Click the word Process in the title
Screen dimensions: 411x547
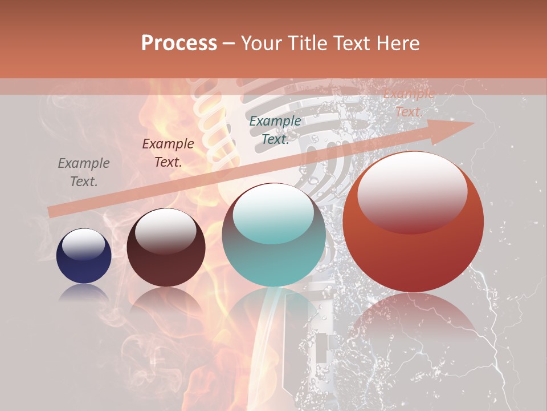click(179, 43)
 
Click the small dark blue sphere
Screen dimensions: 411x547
click(84, 256)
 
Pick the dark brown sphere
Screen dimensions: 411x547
click(166, 248)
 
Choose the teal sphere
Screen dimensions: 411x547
click(273, 235)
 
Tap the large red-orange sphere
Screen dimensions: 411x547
click(413, 222)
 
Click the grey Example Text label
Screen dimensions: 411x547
click(84, 172)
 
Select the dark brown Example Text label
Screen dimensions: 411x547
click(168, 152)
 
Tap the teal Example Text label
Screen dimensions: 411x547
click(275, 130)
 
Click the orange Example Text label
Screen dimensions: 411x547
click(408, 103)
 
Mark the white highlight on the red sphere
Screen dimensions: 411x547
click(412, 191)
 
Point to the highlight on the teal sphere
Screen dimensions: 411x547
click(273, 213)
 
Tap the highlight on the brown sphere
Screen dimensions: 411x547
click(165, 231)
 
